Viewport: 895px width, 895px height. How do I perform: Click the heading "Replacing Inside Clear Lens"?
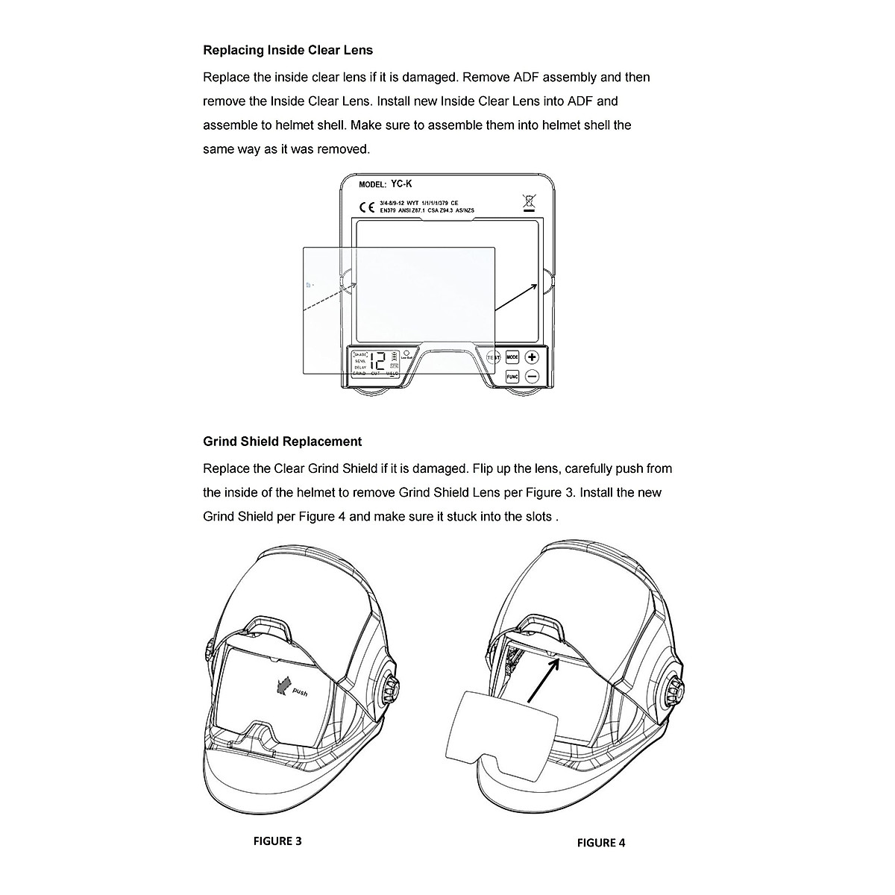(288, 51)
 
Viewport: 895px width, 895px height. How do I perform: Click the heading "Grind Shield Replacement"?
(282, 442)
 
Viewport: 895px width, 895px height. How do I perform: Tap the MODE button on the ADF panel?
(512, 357)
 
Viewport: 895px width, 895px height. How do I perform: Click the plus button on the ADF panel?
(532, 357)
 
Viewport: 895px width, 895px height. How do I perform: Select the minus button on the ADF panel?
(532, 377)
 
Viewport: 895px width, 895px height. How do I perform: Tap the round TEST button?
(493, 358)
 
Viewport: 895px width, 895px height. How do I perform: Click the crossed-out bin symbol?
(529, 201)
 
